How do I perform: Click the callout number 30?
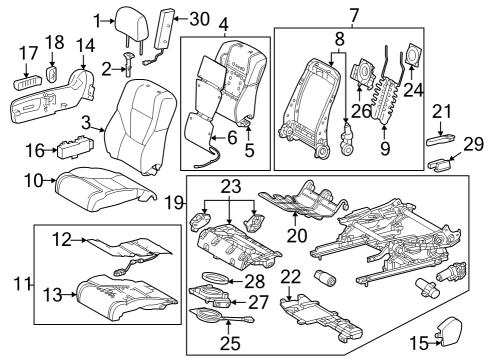click(201, 19)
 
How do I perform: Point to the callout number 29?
click(473, 145)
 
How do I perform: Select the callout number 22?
click(291, 277)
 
